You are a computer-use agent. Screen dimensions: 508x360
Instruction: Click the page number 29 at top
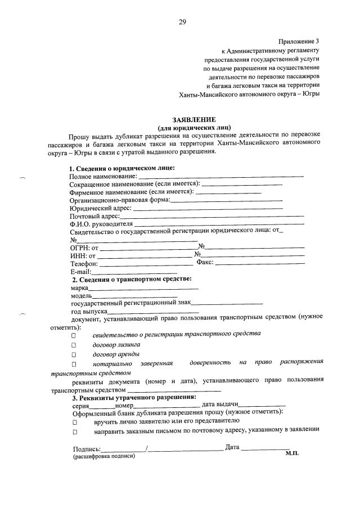click(x=182, y=22)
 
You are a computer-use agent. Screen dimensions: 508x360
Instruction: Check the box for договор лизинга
click(x=74, y=345)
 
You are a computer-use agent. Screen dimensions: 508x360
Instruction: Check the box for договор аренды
click(x=74, y=356)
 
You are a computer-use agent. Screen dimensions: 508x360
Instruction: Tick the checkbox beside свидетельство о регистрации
click(x=74, y=335)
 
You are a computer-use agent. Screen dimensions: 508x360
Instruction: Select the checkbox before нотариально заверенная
click(x=74, y=366)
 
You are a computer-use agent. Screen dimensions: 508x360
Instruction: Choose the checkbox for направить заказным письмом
click(x=74, y=432)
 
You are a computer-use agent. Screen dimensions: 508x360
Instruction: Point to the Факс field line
click(x=260, y=263)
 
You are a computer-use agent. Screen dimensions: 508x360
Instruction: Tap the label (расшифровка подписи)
click(x=103, y=457)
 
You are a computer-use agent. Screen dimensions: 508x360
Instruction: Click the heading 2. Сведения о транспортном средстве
click(x=132, y=280)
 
